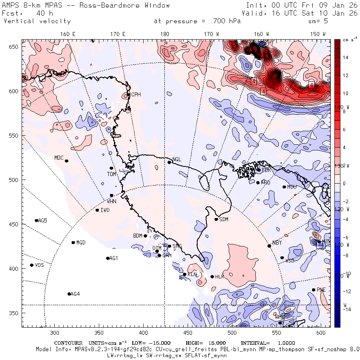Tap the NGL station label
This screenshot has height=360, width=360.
click(x=177, y=160)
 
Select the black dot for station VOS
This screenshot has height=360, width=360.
click(x=32, y=265)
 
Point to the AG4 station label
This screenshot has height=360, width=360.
click(x=75, y=294)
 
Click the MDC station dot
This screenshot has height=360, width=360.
click(x=66, y=161)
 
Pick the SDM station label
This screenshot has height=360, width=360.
click(x=224, y=219)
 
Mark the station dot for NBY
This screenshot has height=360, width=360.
click(x=269, y=246)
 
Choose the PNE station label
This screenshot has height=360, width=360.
click(x=321, y=290)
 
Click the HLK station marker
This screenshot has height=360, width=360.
click(x=212, y=276)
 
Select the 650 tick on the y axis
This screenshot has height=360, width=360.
click(x=15, y=47)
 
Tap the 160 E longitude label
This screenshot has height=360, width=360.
click(x=68, y=34)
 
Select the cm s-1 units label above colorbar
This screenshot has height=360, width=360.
click(x=349, y=40)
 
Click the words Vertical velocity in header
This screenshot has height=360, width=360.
click(x=37, y=21)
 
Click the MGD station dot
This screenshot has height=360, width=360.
click(x=73, y=242)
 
